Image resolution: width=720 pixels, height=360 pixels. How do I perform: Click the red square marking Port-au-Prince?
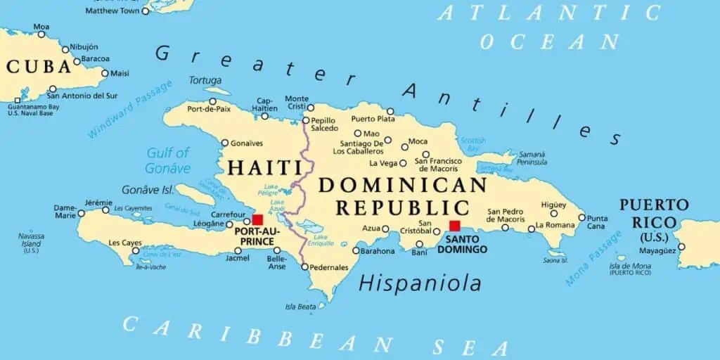(x=257, y=220)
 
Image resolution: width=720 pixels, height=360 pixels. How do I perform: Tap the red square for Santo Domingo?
(x=455, y=226)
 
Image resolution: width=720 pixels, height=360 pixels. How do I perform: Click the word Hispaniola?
(x=420, y=283)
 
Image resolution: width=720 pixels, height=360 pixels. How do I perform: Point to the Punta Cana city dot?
(x=581, y=217)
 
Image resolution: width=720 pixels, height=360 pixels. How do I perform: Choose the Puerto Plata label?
(x=372, y=119)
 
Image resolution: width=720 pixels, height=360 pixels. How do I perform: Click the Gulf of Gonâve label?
(x=168, y=160)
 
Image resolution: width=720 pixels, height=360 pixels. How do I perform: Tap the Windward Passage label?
(x=130, y=109)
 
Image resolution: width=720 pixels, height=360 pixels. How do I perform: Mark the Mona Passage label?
(x=593, y=259)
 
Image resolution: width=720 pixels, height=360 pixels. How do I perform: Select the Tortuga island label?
(x=205, y=80)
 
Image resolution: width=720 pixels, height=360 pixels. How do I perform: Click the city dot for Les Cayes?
(x=136, y=250)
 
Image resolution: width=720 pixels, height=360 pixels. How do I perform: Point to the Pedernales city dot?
(x=304, y=267)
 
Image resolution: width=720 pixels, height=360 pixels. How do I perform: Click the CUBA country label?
(x=39, y=67)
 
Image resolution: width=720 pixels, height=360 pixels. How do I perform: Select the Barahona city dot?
(x=356, y=251)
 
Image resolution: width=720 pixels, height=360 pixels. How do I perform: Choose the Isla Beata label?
(x=300, y=307)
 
